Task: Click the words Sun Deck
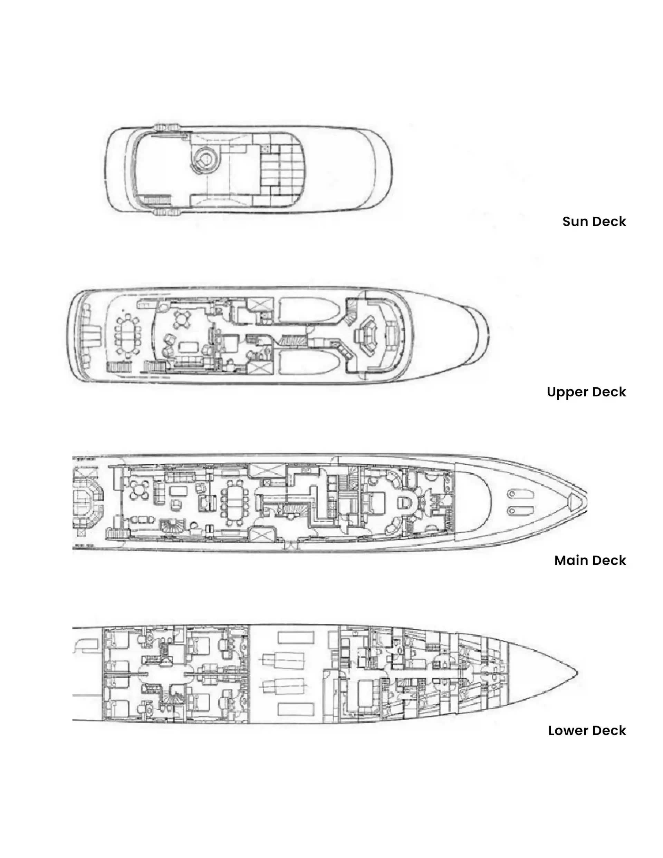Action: click(x=594, y=221)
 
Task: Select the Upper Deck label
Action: click(x=586, y=392)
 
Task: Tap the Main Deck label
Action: click(x=590, y=561)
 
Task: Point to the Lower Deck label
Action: click(x=587, y=731)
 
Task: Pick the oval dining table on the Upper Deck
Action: click(x=127, y=336)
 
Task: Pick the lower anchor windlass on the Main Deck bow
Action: click(x=513, y=511)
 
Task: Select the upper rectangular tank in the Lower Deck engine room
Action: click(x=296, y=637)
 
